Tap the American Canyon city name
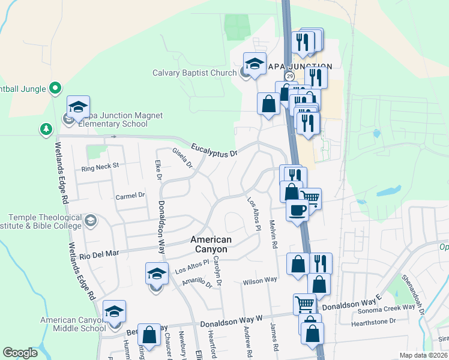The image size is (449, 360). pyautogui.click(x=209, y=244)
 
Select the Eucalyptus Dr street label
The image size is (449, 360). pyautogui.click(x=214, y=151)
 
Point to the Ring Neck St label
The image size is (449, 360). pyautogui.click(x=101, y=165)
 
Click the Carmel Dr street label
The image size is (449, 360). pyautogui.click(x=130, y=196)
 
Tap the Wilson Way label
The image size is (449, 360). pyautogui.click(x=260, y=280)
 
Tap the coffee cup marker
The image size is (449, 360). pyautogui.click(x=298, y=210)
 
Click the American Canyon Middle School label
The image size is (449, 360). pyautogui.click(x=73, y=324)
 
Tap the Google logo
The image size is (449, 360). pyautogui.click(x=20, y=353)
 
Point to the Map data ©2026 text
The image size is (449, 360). pyautogui.click(x=423, y=355)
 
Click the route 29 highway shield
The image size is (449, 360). pyautogui.click(x=289, y=76)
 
